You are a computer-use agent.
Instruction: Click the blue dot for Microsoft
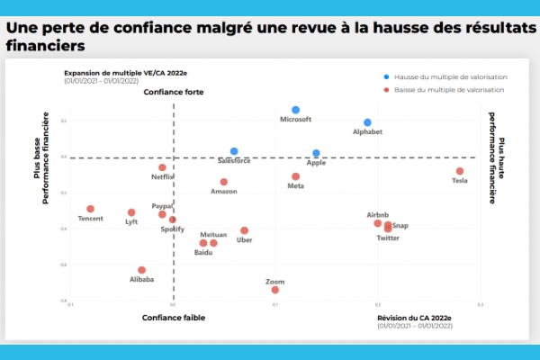[x=295, y=110]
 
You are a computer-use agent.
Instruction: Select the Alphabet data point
[x=367, y=122]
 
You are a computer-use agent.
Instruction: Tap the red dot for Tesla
[x=460, y=171]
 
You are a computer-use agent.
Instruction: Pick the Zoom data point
[x=275, y=290]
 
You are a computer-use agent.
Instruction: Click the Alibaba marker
[x=141, y=270]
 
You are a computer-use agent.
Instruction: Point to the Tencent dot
[x=90, y=209]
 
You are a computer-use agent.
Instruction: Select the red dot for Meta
[x=295, y=176]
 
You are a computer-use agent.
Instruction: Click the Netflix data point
[x=163, y=167]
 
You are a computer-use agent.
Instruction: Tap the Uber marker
[x=244, y=230]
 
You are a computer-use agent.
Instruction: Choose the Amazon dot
[x=224, y=182]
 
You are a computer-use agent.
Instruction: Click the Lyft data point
[x=131, y=212]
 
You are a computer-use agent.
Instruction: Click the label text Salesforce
[x=235, y=160]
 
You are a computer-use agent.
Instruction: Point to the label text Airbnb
[x=378, y=214]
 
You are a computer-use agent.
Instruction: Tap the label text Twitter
[x=388, y=238]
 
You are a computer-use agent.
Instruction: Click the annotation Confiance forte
[x=174, y=93]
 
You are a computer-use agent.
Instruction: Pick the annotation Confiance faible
[x=174, y=318]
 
